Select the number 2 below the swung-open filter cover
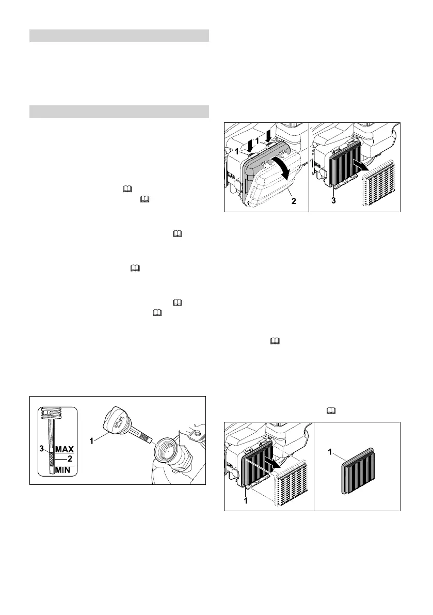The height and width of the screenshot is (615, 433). click(294, 201)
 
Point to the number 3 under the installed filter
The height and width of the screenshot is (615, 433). click(333, 201)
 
